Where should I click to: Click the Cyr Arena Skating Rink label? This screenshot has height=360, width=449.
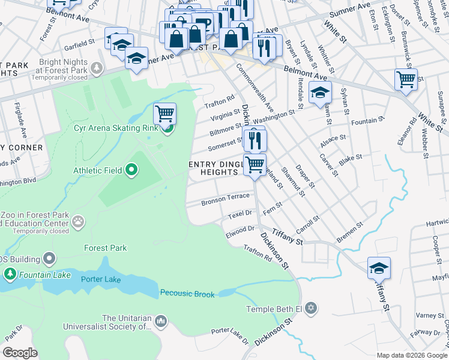coord(116,127)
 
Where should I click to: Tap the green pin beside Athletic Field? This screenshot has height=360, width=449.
coord(132,170)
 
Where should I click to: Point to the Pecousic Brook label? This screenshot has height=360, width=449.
coord(187,293)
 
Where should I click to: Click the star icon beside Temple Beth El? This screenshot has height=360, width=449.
coord(310,309)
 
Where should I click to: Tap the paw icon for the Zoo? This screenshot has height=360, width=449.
coord(79,222)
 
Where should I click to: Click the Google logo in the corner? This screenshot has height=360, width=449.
coord(20,353)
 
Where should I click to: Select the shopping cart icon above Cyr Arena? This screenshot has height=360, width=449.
coord(164,113)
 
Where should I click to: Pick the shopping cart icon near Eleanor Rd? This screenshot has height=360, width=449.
coord(406,79)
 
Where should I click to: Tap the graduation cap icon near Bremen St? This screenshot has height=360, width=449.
coord(379,268)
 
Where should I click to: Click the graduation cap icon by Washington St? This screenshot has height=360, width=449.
coord(320,92)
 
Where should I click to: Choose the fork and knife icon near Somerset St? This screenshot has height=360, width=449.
coord(255,140)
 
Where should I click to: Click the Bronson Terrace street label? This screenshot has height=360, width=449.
coord(225,197)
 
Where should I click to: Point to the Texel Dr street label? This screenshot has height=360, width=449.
coord(239,213)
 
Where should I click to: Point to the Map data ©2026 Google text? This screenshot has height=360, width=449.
coord(411,355)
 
